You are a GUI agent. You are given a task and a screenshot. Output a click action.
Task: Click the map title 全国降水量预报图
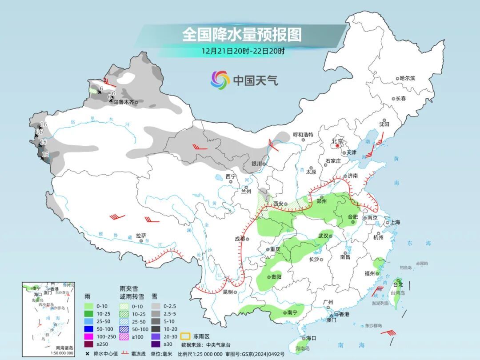(x=242, y=34)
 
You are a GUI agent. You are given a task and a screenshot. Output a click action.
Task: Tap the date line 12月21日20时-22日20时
(x=243, y=51)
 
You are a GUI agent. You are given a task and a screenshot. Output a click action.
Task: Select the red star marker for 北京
(x=338, y=145)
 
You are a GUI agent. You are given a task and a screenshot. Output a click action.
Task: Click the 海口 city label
(x=311, y=338)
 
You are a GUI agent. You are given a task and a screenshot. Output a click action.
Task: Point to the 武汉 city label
(x=323, y=236)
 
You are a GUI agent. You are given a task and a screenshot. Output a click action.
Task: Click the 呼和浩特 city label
(x=303, y=135)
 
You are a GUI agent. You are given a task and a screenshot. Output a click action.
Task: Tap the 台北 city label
(x=398, y=284)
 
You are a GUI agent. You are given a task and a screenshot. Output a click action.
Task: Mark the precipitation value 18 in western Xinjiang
(x=44, y=142)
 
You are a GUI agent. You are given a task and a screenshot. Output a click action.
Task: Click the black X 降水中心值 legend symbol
(x=87, y=354)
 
